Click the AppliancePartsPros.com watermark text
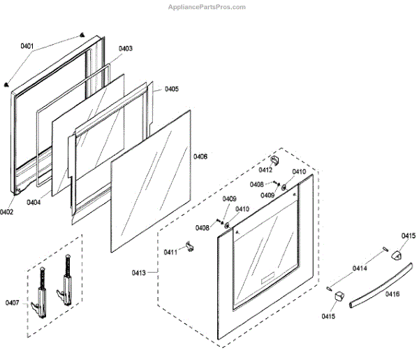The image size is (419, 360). (x=207, y=7)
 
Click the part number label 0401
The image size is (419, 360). (x=27, y=46)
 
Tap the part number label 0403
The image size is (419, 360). (x=126, y=48)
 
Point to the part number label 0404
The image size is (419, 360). (x=34, y=202)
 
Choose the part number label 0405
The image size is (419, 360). (x=171, y=89)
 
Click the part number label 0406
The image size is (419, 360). (x=200, y=157)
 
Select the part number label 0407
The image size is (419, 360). (x=12, y=302)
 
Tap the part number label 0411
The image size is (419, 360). (x=170, y=252)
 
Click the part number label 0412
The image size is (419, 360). (x=265, y=170)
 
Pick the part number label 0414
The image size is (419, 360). (x=360, y=268)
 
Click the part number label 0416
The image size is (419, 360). (x=392, y=294)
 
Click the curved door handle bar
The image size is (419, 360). (x=370, y=287)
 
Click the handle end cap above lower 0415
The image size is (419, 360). (x=339, y=296)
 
